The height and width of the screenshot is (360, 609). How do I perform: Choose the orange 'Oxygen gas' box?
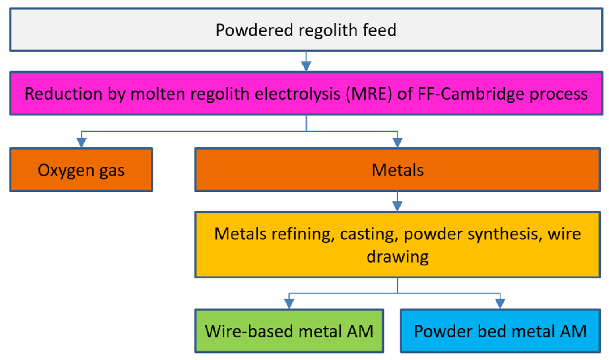tap(81, 170)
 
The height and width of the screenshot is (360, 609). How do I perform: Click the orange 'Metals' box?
tap(398, 170)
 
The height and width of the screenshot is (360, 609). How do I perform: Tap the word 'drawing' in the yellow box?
tap(398, 257)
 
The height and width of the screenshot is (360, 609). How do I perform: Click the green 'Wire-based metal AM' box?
tap(289, 331)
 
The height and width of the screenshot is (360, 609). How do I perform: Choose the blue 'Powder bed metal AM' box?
tap(500, 331)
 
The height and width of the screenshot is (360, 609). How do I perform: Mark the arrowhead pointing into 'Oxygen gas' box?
tap(81, 142)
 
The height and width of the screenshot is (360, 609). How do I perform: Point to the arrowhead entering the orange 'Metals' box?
tap(398, 142)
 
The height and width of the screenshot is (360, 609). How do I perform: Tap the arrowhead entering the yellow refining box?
tap(397, 206)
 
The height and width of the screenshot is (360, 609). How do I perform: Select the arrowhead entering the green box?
tap(289, 303)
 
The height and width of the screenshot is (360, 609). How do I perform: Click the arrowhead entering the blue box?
tap(500, 303)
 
